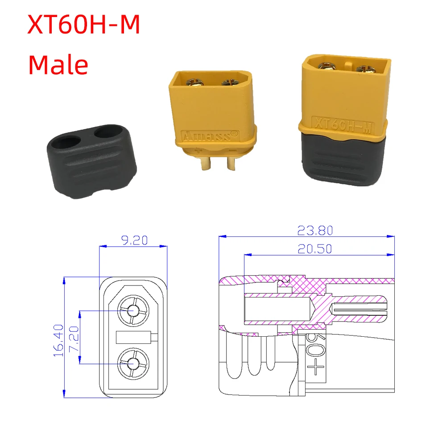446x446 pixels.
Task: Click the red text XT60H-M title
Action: click(84, 25)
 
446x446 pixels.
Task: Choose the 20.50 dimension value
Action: click(315, 249)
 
